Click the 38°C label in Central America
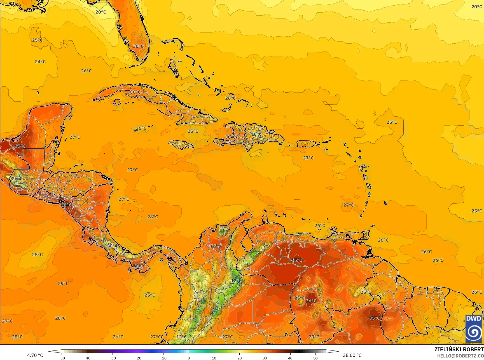(x=66, y=205)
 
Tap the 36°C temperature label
(x=311, y=301)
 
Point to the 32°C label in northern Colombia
(x=216, y=246)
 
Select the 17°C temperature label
(x=225, y=229)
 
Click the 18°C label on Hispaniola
(x=256, y=134)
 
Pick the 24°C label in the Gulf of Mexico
(x=40, y=62)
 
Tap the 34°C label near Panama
(x=138, y=266)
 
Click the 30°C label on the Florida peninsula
(x=138, y=46)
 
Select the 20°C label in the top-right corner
(x=476, y=7)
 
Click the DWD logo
(x=474, y=329)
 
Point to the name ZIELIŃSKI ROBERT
(x=459, y=349)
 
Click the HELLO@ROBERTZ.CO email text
(x=460, y=355)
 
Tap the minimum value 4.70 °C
(x=35, y=355)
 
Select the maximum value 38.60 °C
(x=352, y=355)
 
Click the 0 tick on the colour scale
(x=189, y=358)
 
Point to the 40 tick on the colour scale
(x=290, y=358)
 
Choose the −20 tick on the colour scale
(x=138, y=358)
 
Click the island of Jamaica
(x=181, y=144)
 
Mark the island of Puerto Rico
(x=306, y=144)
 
